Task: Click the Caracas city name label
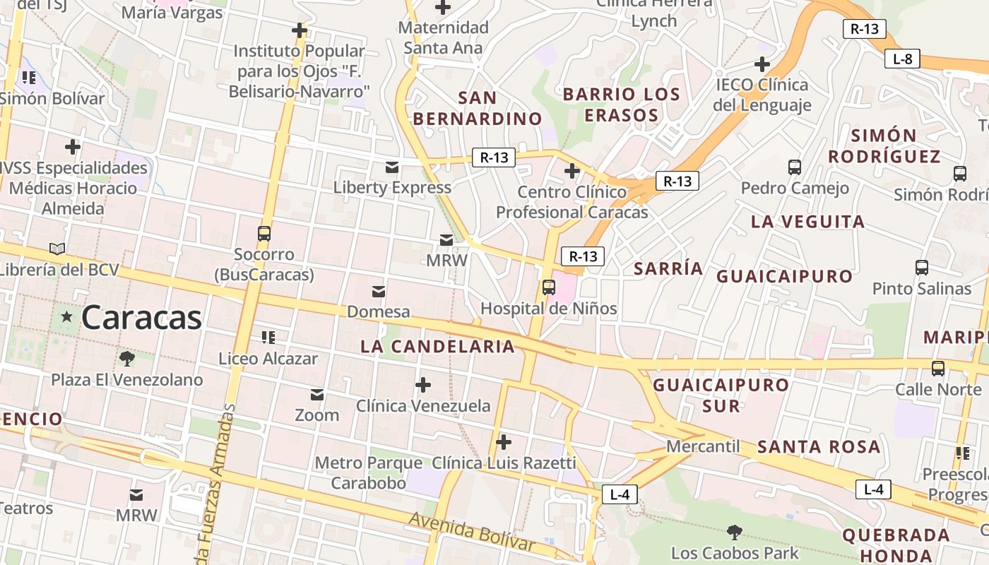click(x=141, y=318)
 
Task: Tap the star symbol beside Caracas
click(x=67, y=317)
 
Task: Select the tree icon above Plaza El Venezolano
click(x=126, y=359)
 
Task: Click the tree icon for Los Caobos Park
click(x=735, y=532)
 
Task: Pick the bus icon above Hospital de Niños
click(x=549, y=287)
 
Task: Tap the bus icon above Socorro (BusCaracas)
click(x=264, y=234)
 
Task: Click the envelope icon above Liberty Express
click(x=391, y=167)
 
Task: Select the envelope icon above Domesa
click(x=379, y=291)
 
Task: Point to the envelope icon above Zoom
click(x=317, y=394)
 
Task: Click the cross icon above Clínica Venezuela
click(x=423, y=385)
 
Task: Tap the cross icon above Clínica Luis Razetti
click(x=504, y=443)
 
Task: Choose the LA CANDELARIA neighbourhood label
click(x=437, y=347)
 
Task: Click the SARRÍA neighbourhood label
click(x=668, y=268)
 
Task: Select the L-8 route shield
click(x=903, y=59)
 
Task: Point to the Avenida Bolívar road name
click(x=472, y=530)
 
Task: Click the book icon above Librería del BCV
click(x=57, y=249)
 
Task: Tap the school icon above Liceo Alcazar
click(x=268, y=338)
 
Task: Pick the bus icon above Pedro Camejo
click(x=795, y=167)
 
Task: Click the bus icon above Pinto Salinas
click(x=922, y=268)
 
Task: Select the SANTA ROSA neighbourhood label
click(x=819, y=447)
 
